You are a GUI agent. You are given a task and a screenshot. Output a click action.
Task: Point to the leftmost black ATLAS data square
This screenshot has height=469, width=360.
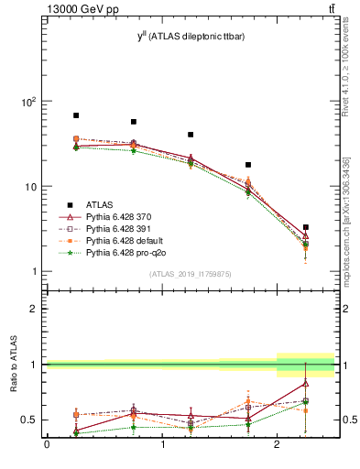(76, 115)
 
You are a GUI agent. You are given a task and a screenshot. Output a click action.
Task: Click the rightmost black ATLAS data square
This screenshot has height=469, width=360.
(306, 227)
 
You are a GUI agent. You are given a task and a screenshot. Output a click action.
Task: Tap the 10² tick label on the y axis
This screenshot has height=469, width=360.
(28, 102)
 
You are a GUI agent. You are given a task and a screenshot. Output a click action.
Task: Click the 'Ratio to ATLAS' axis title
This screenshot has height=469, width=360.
(14, 365)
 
